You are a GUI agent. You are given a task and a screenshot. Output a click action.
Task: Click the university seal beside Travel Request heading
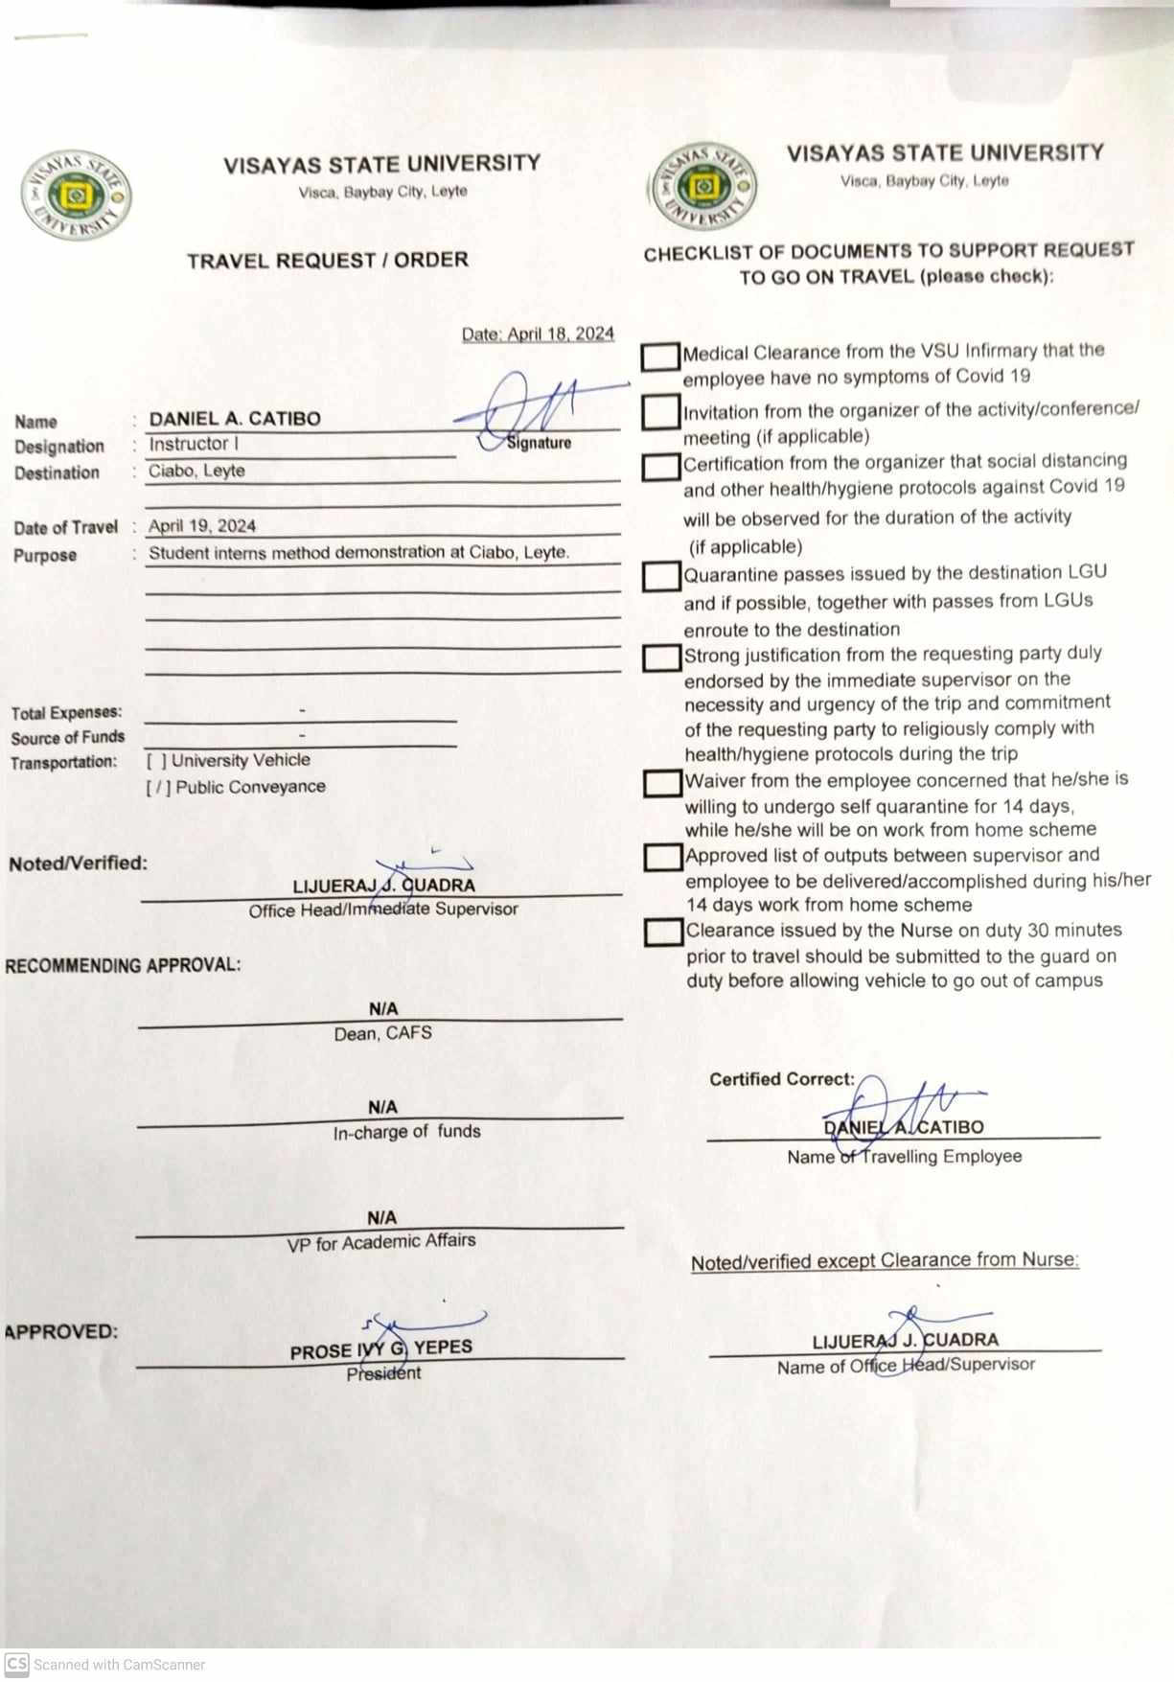pos(77,196)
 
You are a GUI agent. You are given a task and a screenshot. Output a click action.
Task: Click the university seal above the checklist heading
pos(702,186)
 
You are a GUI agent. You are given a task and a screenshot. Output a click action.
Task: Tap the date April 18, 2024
pos(538,334)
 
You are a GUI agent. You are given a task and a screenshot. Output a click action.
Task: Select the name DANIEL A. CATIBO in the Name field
pos(235,419)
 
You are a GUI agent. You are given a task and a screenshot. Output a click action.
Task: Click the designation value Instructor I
pos(194,444)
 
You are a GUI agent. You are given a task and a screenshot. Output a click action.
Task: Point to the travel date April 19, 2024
pos(202,525)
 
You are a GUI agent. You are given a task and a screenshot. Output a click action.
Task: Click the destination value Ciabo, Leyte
pos(196,471)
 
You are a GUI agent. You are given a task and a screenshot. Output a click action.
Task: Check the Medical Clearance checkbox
pos(659,357)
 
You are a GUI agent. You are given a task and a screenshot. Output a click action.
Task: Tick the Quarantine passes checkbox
pos(660,576)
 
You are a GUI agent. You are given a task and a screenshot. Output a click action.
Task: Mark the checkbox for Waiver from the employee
pos(662,783)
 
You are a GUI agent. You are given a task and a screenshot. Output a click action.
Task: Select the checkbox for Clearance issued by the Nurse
pos(663,932)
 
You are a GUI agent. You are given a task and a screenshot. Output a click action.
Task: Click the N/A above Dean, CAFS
pos(383,1008)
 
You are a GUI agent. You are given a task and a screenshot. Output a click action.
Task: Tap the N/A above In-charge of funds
pos(382,1106)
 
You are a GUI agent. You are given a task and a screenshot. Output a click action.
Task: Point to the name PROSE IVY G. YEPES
pos(381,1349)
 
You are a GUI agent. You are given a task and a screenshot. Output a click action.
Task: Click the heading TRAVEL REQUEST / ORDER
pos(328,261)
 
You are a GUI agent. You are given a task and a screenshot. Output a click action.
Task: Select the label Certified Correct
pos(781,1079)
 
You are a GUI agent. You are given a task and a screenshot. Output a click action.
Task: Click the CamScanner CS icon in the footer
pos(16,1664)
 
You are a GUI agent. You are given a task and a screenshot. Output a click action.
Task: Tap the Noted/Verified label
pos(79,863)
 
